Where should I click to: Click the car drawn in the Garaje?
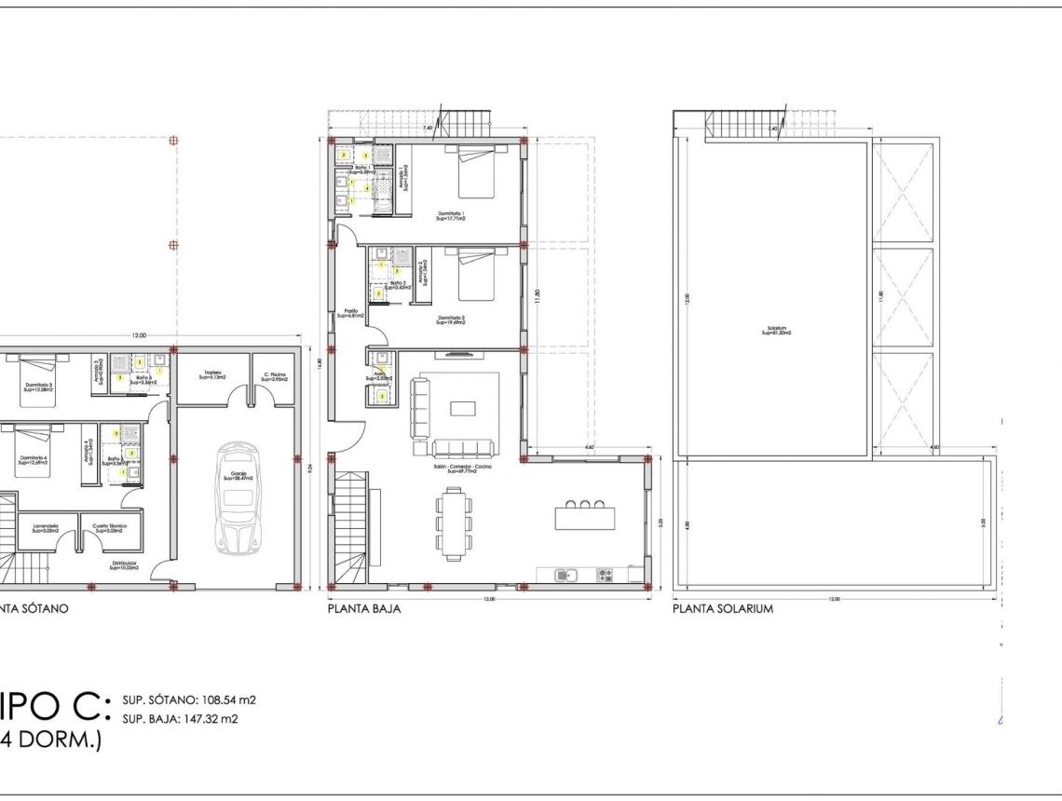coord(236,497)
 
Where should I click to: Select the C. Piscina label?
coord(275,377)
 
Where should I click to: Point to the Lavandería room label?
coord(47,528)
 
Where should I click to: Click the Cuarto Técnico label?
coord(110,528)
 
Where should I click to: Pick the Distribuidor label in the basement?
coord(124,564)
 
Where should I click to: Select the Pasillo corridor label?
coord(351,313)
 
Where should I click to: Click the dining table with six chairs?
coord(454,523)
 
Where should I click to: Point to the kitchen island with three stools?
coord(584,516)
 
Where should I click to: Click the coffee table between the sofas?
coord(462,407)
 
